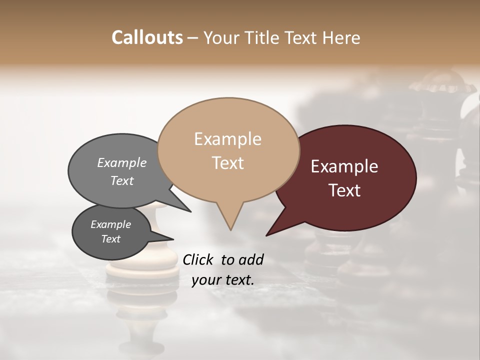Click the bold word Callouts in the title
[x=147, y=37]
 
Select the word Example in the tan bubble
[x=227, y=139]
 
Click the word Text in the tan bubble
[x=227, y=163]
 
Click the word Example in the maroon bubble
[x=344, y=166]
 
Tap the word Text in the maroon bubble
[x=344, y=190]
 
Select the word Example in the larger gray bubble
[x=121, y=162]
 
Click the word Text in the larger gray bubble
[x=121, y=180]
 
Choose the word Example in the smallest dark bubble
[x=110, y=224]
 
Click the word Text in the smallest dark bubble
[x=110, y=239]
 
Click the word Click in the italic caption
[x=199, y=259]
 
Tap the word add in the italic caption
[x=250, y=259]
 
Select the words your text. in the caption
[x=223, y=280]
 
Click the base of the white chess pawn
[x=142, y=272]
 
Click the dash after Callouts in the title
[x=193, y=37]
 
